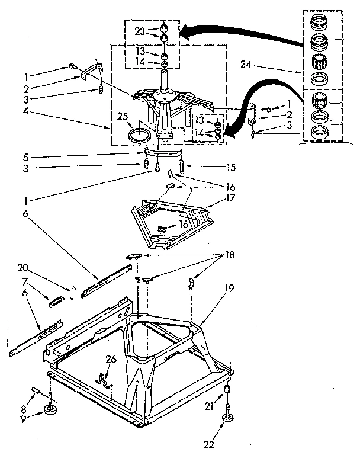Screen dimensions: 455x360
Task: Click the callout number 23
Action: (x=139, y=31)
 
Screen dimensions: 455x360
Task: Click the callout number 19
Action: (x=229, y=289)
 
